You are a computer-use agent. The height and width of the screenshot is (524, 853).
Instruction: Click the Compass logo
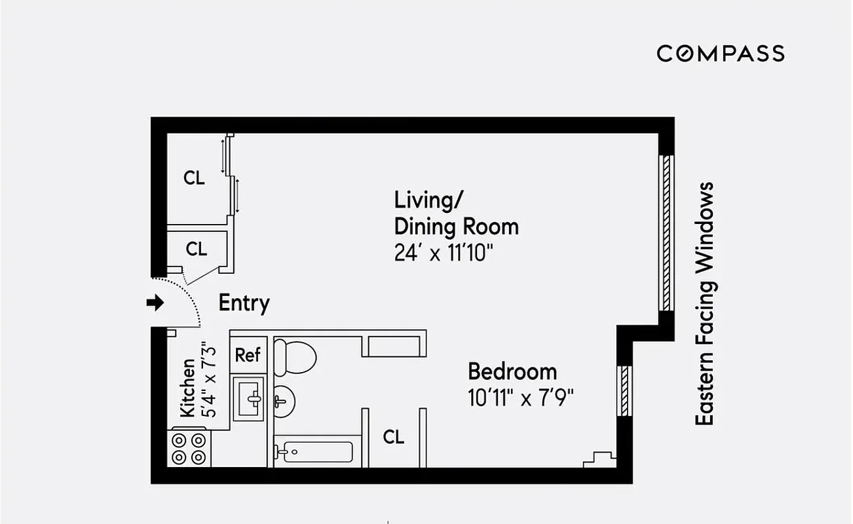[x=720, y=53]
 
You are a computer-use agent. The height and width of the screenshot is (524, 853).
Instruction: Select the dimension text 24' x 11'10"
[x=443, y=253]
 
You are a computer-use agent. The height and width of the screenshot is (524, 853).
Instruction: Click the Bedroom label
[x=512, y=372]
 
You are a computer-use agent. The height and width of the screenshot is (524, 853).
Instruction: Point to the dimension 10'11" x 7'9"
[x=521, y=398]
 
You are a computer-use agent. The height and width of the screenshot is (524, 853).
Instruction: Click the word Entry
[x=244, y=303]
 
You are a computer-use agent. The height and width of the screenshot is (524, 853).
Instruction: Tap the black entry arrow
[x=155, y=303]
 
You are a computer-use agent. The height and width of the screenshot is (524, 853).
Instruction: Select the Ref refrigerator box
[x=248, y=356]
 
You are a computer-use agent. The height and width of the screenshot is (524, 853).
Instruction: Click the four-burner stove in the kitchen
[x=190, y=448]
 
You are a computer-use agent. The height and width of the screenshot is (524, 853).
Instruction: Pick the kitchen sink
[x=250, y=397]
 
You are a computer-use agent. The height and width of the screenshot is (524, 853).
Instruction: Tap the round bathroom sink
[x=284, y=400]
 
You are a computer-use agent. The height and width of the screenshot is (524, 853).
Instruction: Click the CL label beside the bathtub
[x=393, y=437]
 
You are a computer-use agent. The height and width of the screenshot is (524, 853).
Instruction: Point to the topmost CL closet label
[x=194, y=178]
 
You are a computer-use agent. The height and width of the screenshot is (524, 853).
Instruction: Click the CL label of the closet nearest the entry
[x=196, y=249]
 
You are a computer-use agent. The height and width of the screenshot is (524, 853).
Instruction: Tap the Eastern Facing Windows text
[x=705, y=304]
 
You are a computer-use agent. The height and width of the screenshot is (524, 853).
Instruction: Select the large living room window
[x=666, y=233]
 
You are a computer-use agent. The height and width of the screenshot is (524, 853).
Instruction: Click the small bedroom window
[x=625, y=389]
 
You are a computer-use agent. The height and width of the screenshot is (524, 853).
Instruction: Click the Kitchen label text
[x=187, y=388]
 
